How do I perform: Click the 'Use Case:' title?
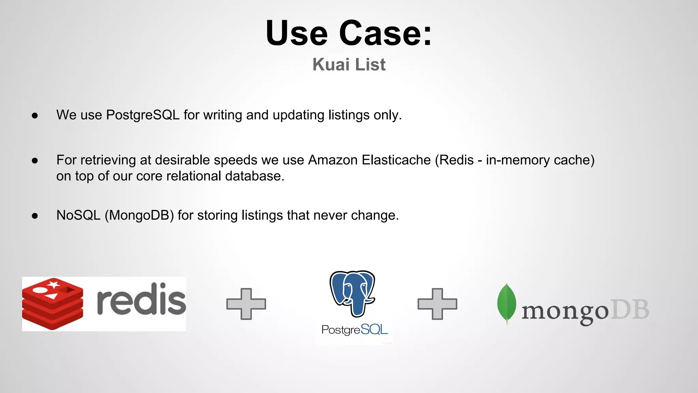coord(349,33)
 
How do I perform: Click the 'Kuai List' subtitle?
coord(349,64)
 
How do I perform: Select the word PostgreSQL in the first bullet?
coord(142,115)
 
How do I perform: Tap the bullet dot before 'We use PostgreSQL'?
coord(34,116)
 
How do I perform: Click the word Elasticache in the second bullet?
coord(396,160)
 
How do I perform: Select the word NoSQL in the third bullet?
coord(78,216)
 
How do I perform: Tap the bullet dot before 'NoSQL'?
coord(34,216)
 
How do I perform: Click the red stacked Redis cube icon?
coord(52,304)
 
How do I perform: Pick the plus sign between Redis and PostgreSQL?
coord(246,304)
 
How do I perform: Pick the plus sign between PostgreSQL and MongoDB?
coord(437,304)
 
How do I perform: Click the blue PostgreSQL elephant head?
coord(352,292)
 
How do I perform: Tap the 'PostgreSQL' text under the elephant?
coord(354,330)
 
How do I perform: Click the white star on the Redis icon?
coord(53,284)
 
